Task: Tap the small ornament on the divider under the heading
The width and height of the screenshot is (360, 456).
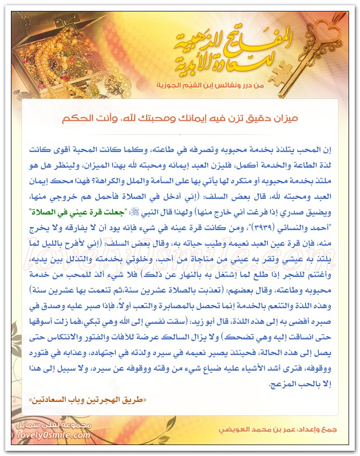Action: (x=179, y=134)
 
